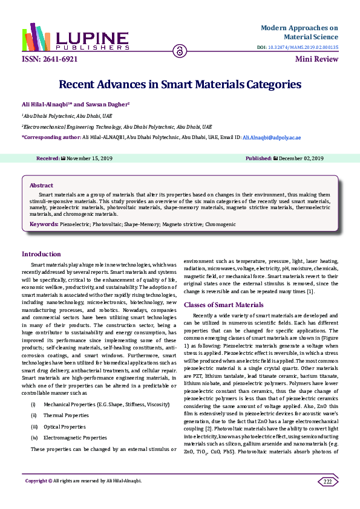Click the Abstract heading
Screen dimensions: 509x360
pos(41,185)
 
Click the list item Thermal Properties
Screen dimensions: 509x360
pos(66,415)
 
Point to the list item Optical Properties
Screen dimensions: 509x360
pos(65,426)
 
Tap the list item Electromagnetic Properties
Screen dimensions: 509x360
pos(75,437)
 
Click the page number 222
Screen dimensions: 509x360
pos(327,481)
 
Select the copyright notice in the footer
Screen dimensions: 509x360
pos(83,481)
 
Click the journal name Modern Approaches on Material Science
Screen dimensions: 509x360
pos(299,33)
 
